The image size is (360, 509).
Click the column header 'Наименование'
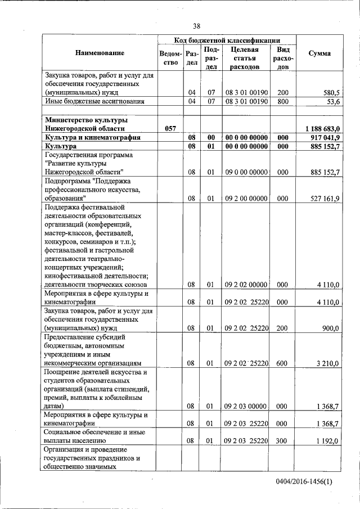pos(99,53)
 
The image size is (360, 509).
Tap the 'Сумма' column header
pos(319,53)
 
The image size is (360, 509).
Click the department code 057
pos(171,129)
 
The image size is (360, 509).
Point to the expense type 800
pos(283,102)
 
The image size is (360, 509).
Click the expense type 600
pos(283,363)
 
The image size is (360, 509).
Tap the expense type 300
pos(283,441)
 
